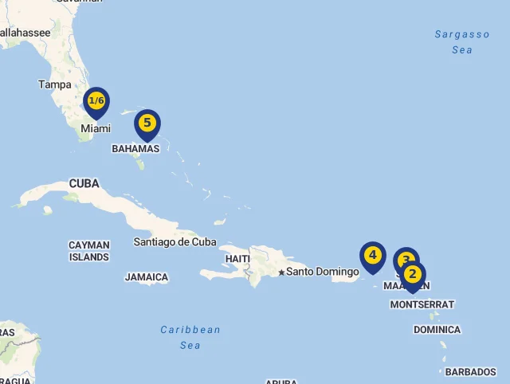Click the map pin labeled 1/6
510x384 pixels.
point(96,101)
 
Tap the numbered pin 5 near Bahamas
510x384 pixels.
point(147,123)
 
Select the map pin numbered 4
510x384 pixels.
point(372,256)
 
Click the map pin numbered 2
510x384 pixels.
point(413,275)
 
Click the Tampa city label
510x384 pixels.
point(55,84)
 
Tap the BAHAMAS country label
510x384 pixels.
point(135,149)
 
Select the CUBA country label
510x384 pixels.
point(84,184)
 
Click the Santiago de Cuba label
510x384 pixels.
point(175,241)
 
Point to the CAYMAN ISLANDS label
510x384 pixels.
point(89,251)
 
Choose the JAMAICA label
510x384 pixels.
point(147,277)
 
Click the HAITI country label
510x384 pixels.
point(237,259)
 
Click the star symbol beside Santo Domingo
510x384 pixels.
point(281,272)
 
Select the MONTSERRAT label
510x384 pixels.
point(422,304)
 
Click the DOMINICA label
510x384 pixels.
point(437,330)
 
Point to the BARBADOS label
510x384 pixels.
point(470,372)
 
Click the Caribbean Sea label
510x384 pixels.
point(190,337)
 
